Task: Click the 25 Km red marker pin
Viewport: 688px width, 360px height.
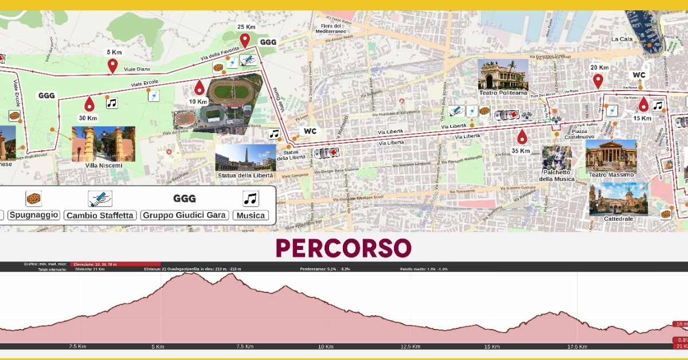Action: (x=245, y=40)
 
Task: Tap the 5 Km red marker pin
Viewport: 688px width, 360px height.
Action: (x=112, y=66)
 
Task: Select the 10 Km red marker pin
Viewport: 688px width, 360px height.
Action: (x=199, y=87)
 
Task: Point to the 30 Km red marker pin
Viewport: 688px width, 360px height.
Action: (x=89, y=104)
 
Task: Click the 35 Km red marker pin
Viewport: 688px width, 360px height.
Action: (x=522, y=136)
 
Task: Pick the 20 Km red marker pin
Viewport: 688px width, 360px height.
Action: (x=598, y=81)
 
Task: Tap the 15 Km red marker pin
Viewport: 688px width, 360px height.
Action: (x=643, y=104)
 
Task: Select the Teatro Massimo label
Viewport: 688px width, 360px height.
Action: (x=611, y=174)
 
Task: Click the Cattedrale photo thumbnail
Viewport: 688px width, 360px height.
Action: (x=618, y=199)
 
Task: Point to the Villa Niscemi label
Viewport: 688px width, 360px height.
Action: (x=104, y=166)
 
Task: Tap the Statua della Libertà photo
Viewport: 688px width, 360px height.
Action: (x=245, y=157)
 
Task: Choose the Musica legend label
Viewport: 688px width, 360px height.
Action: (x=251, y=215)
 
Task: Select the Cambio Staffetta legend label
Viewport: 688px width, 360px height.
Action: (x=100, y=215)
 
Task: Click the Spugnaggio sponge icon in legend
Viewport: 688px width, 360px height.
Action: (x=34, y=198)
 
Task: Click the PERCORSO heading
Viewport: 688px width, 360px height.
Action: (x=343, y=248)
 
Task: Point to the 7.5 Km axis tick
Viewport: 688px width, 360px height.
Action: (x=245, y=346)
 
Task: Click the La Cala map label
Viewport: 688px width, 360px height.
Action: (x=621, y=40)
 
